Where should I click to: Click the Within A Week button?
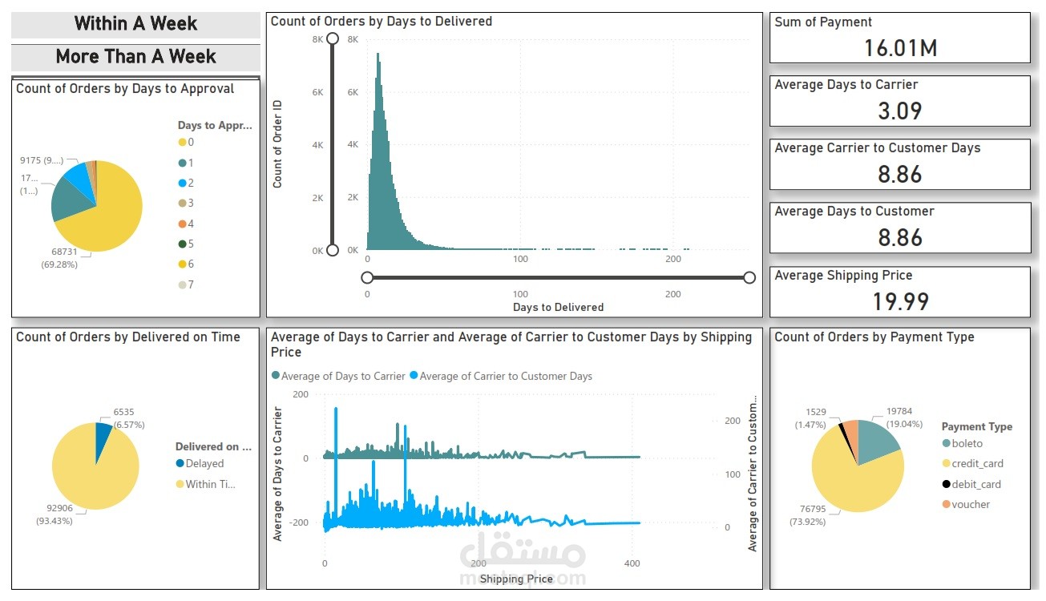135,24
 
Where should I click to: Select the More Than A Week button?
135,57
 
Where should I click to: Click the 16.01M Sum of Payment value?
899,48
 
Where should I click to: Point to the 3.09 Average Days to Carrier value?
899,111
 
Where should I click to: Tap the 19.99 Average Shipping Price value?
899,301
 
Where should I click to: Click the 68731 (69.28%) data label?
59,257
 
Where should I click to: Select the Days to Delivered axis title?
558,307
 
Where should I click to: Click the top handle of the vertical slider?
333,38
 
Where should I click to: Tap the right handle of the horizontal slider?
749,277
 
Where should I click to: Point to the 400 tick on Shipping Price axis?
632,563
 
